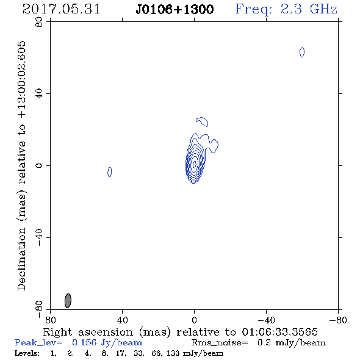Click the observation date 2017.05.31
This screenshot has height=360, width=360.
[61, 9]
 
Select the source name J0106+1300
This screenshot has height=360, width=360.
[175, 9]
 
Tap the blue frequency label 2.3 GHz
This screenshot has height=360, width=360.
[309, 9]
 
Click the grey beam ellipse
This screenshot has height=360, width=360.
[68, 301]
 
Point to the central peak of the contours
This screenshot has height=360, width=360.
[195, 164]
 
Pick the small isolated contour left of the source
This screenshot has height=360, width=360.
[109, 171]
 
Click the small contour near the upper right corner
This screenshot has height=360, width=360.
[302, 52]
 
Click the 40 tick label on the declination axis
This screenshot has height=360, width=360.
[39, 94]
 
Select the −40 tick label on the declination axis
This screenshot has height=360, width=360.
[39, 237]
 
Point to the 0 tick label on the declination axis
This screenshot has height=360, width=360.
[39, 165]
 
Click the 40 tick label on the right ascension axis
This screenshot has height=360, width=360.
[122, 320]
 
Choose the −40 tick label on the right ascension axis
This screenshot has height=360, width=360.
[266, 320]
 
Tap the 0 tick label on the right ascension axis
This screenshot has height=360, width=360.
[194, 320]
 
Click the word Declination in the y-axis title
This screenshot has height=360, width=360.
[21, 259]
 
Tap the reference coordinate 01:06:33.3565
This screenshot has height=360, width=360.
[279, 332]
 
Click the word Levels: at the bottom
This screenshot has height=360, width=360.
[27, 353]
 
